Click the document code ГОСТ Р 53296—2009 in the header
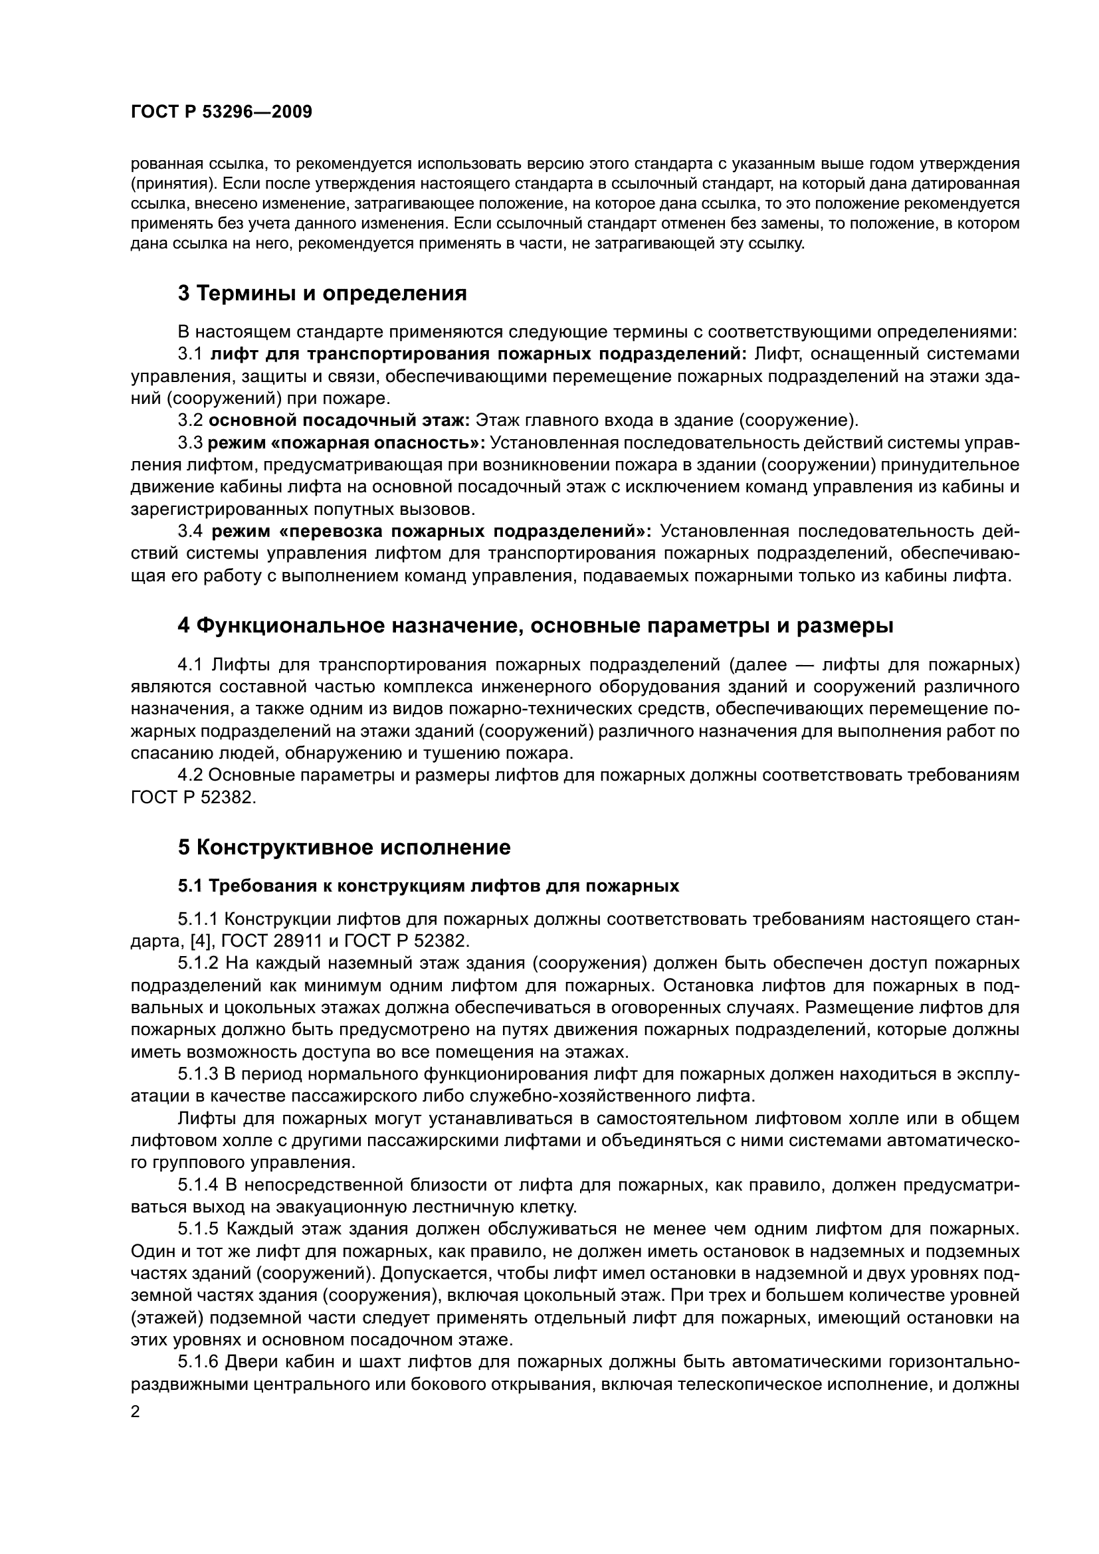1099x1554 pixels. click(221, 112)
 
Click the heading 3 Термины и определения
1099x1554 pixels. click(322, 293)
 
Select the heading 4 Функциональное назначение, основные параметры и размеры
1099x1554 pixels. click(536, 625)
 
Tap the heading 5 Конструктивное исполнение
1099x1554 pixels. click(344, 846)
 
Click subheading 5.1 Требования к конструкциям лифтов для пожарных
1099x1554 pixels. click(429, 886)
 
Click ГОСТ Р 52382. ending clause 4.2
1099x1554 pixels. click(193, 797)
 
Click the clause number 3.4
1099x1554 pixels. click(191, 532)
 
